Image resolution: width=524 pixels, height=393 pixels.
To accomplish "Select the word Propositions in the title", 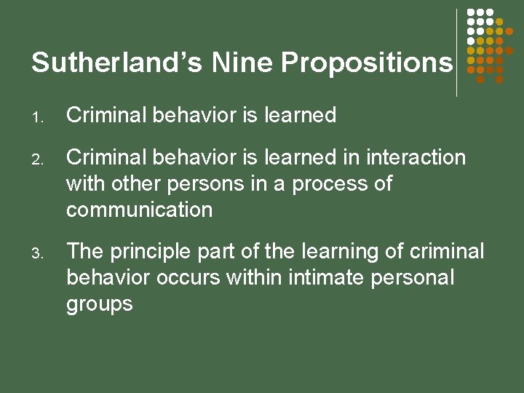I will pos(367,64).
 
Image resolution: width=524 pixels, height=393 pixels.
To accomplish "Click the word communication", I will pos(139,210).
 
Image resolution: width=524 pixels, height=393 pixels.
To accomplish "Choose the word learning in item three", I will pos(334,252).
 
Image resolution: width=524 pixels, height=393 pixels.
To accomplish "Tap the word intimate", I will pos(330,277).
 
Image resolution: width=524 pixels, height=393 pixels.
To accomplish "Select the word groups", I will pos(100,304).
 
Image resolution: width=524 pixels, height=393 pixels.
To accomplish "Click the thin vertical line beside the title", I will pos(456,52).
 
